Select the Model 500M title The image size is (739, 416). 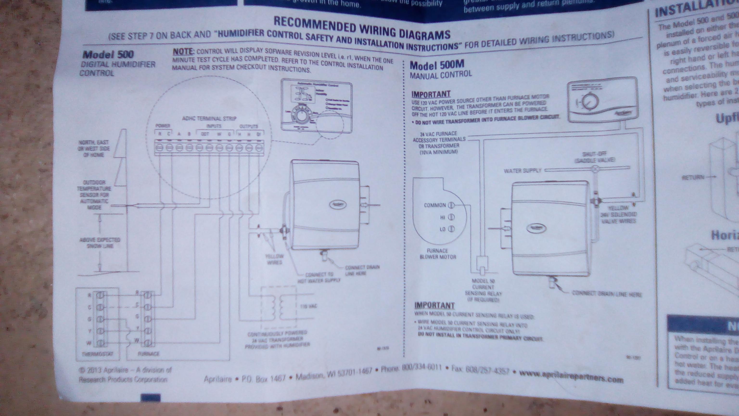tap(437, 65)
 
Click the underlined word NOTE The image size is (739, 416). tap(183, 52)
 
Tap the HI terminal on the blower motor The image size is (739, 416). tap(451, 217)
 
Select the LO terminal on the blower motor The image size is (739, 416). tap(451, 229)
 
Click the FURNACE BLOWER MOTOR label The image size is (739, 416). tap(438, 254)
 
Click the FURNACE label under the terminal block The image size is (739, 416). tap(148, 354)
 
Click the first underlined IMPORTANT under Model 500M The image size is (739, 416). tap(431, 94)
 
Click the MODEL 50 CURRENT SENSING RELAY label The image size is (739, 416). tap(483, 290)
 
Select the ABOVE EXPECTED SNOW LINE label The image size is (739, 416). tap(100, 243)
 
